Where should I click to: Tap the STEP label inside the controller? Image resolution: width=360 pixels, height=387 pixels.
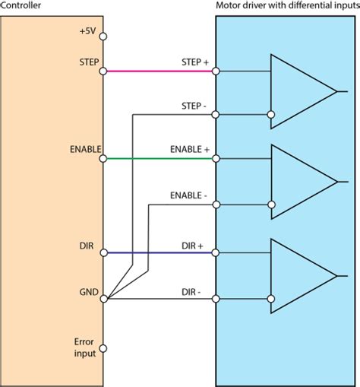(87, 61)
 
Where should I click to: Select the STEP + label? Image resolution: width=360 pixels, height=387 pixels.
(195, 62)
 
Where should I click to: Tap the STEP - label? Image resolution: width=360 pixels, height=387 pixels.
(196, 105)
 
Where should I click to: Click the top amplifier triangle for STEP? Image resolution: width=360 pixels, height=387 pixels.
(298, 93)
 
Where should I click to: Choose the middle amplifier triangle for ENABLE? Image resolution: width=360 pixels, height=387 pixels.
(298, 181)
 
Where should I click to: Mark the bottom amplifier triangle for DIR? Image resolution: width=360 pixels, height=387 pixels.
(298, 274)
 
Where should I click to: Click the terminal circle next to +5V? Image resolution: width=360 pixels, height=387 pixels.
(103, 36)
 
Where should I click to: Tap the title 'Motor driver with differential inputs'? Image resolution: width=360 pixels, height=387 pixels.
(286, 7)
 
